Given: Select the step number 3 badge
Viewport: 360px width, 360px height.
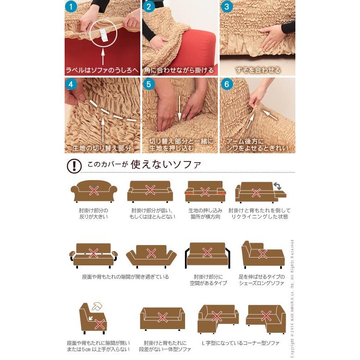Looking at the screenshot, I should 227,6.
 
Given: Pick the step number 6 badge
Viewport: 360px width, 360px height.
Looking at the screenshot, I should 227,84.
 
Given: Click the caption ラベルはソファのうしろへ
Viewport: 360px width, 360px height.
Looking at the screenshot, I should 102,71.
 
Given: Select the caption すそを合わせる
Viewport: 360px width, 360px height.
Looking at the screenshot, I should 258,71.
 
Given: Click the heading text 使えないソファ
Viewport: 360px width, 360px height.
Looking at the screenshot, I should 166,164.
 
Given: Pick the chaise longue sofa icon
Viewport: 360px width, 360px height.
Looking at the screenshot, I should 263,254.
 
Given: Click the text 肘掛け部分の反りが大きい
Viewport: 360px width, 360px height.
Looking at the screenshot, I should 94,213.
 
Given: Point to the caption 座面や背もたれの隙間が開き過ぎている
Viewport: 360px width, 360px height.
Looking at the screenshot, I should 125,277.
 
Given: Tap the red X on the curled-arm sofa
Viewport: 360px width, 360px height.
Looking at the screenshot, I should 94,190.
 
